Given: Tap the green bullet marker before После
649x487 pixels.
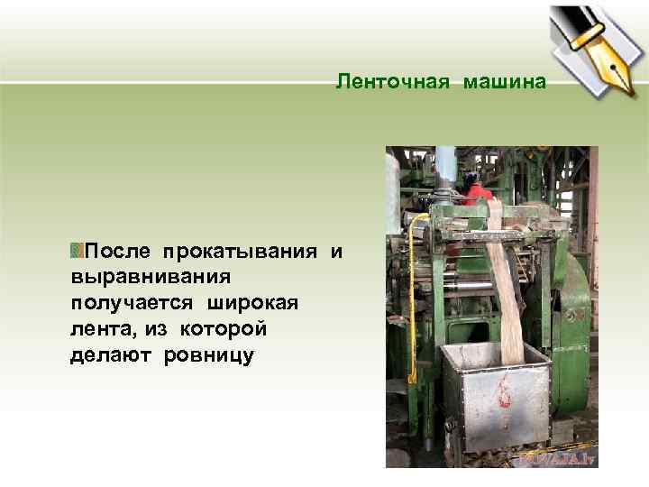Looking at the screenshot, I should [77, 249].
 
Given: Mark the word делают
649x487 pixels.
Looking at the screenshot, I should [112, 355].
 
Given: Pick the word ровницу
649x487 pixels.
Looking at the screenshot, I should [209, 355].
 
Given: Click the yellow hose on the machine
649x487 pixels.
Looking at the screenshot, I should [412, 289].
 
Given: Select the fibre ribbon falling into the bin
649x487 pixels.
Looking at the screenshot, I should [507, 289].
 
